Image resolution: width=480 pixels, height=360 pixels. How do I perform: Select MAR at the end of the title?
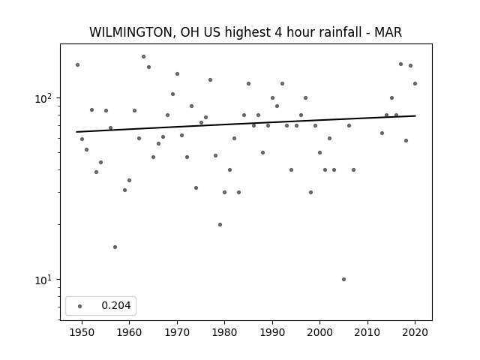pos(388,32)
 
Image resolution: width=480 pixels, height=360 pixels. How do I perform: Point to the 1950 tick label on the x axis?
pos(82,332)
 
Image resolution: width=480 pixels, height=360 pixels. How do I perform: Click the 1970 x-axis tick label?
pos(177,332)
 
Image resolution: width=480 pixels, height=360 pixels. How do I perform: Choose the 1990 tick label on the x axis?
pos(272,332)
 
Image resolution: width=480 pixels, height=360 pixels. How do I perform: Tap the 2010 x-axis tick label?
pos(367,332)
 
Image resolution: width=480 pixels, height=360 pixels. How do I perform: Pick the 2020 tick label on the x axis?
pos(415,332)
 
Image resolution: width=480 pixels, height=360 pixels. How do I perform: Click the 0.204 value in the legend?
pos(116,305)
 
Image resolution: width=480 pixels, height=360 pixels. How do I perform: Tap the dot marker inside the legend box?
pos(80,306)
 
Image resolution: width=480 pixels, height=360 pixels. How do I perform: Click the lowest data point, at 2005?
pos(343,279)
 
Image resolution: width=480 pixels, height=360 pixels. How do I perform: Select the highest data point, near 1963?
pos(143,57)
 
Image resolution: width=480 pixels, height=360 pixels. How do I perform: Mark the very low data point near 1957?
pos(115,247)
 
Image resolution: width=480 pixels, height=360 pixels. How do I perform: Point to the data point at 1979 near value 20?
pos(220,224)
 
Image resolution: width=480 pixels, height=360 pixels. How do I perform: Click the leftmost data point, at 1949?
pos(77,65)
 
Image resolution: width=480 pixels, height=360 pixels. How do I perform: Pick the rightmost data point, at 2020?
pos(415,83)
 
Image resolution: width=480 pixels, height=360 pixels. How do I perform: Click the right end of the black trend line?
pos(415,115)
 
